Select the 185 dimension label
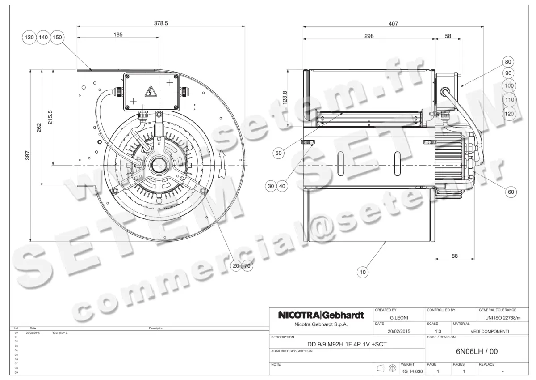click(x=118, y=34)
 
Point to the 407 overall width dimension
click(x=393, y=23)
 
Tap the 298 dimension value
click(x=368, y=36)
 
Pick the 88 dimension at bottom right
click(x=455, y=256)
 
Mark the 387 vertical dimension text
click(x=27, y=156)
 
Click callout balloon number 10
click(x=362, y=271)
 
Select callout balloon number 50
click(x=279, y=153)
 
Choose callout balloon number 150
click(x=57, y=38)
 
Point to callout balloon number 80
click(x=508, y=62)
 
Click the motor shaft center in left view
click(x=158, y=166)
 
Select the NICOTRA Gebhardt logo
click(x=321, y=315)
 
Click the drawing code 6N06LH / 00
click(x=476, y=351)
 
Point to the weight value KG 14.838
click(x=411, y=371)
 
